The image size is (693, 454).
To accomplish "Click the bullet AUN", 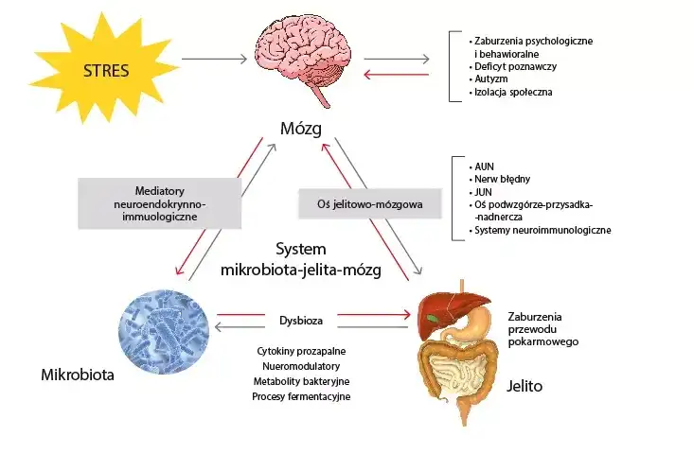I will tap(483, 165).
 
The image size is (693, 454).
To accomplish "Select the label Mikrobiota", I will tap(78, 375).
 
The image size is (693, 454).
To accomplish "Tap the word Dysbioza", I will tap(301, 319).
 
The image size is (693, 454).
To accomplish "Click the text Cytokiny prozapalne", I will tap(301, 349).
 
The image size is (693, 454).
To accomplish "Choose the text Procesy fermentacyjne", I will tap(301, 396).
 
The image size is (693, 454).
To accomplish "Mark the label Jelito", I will tap(524, 387).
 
